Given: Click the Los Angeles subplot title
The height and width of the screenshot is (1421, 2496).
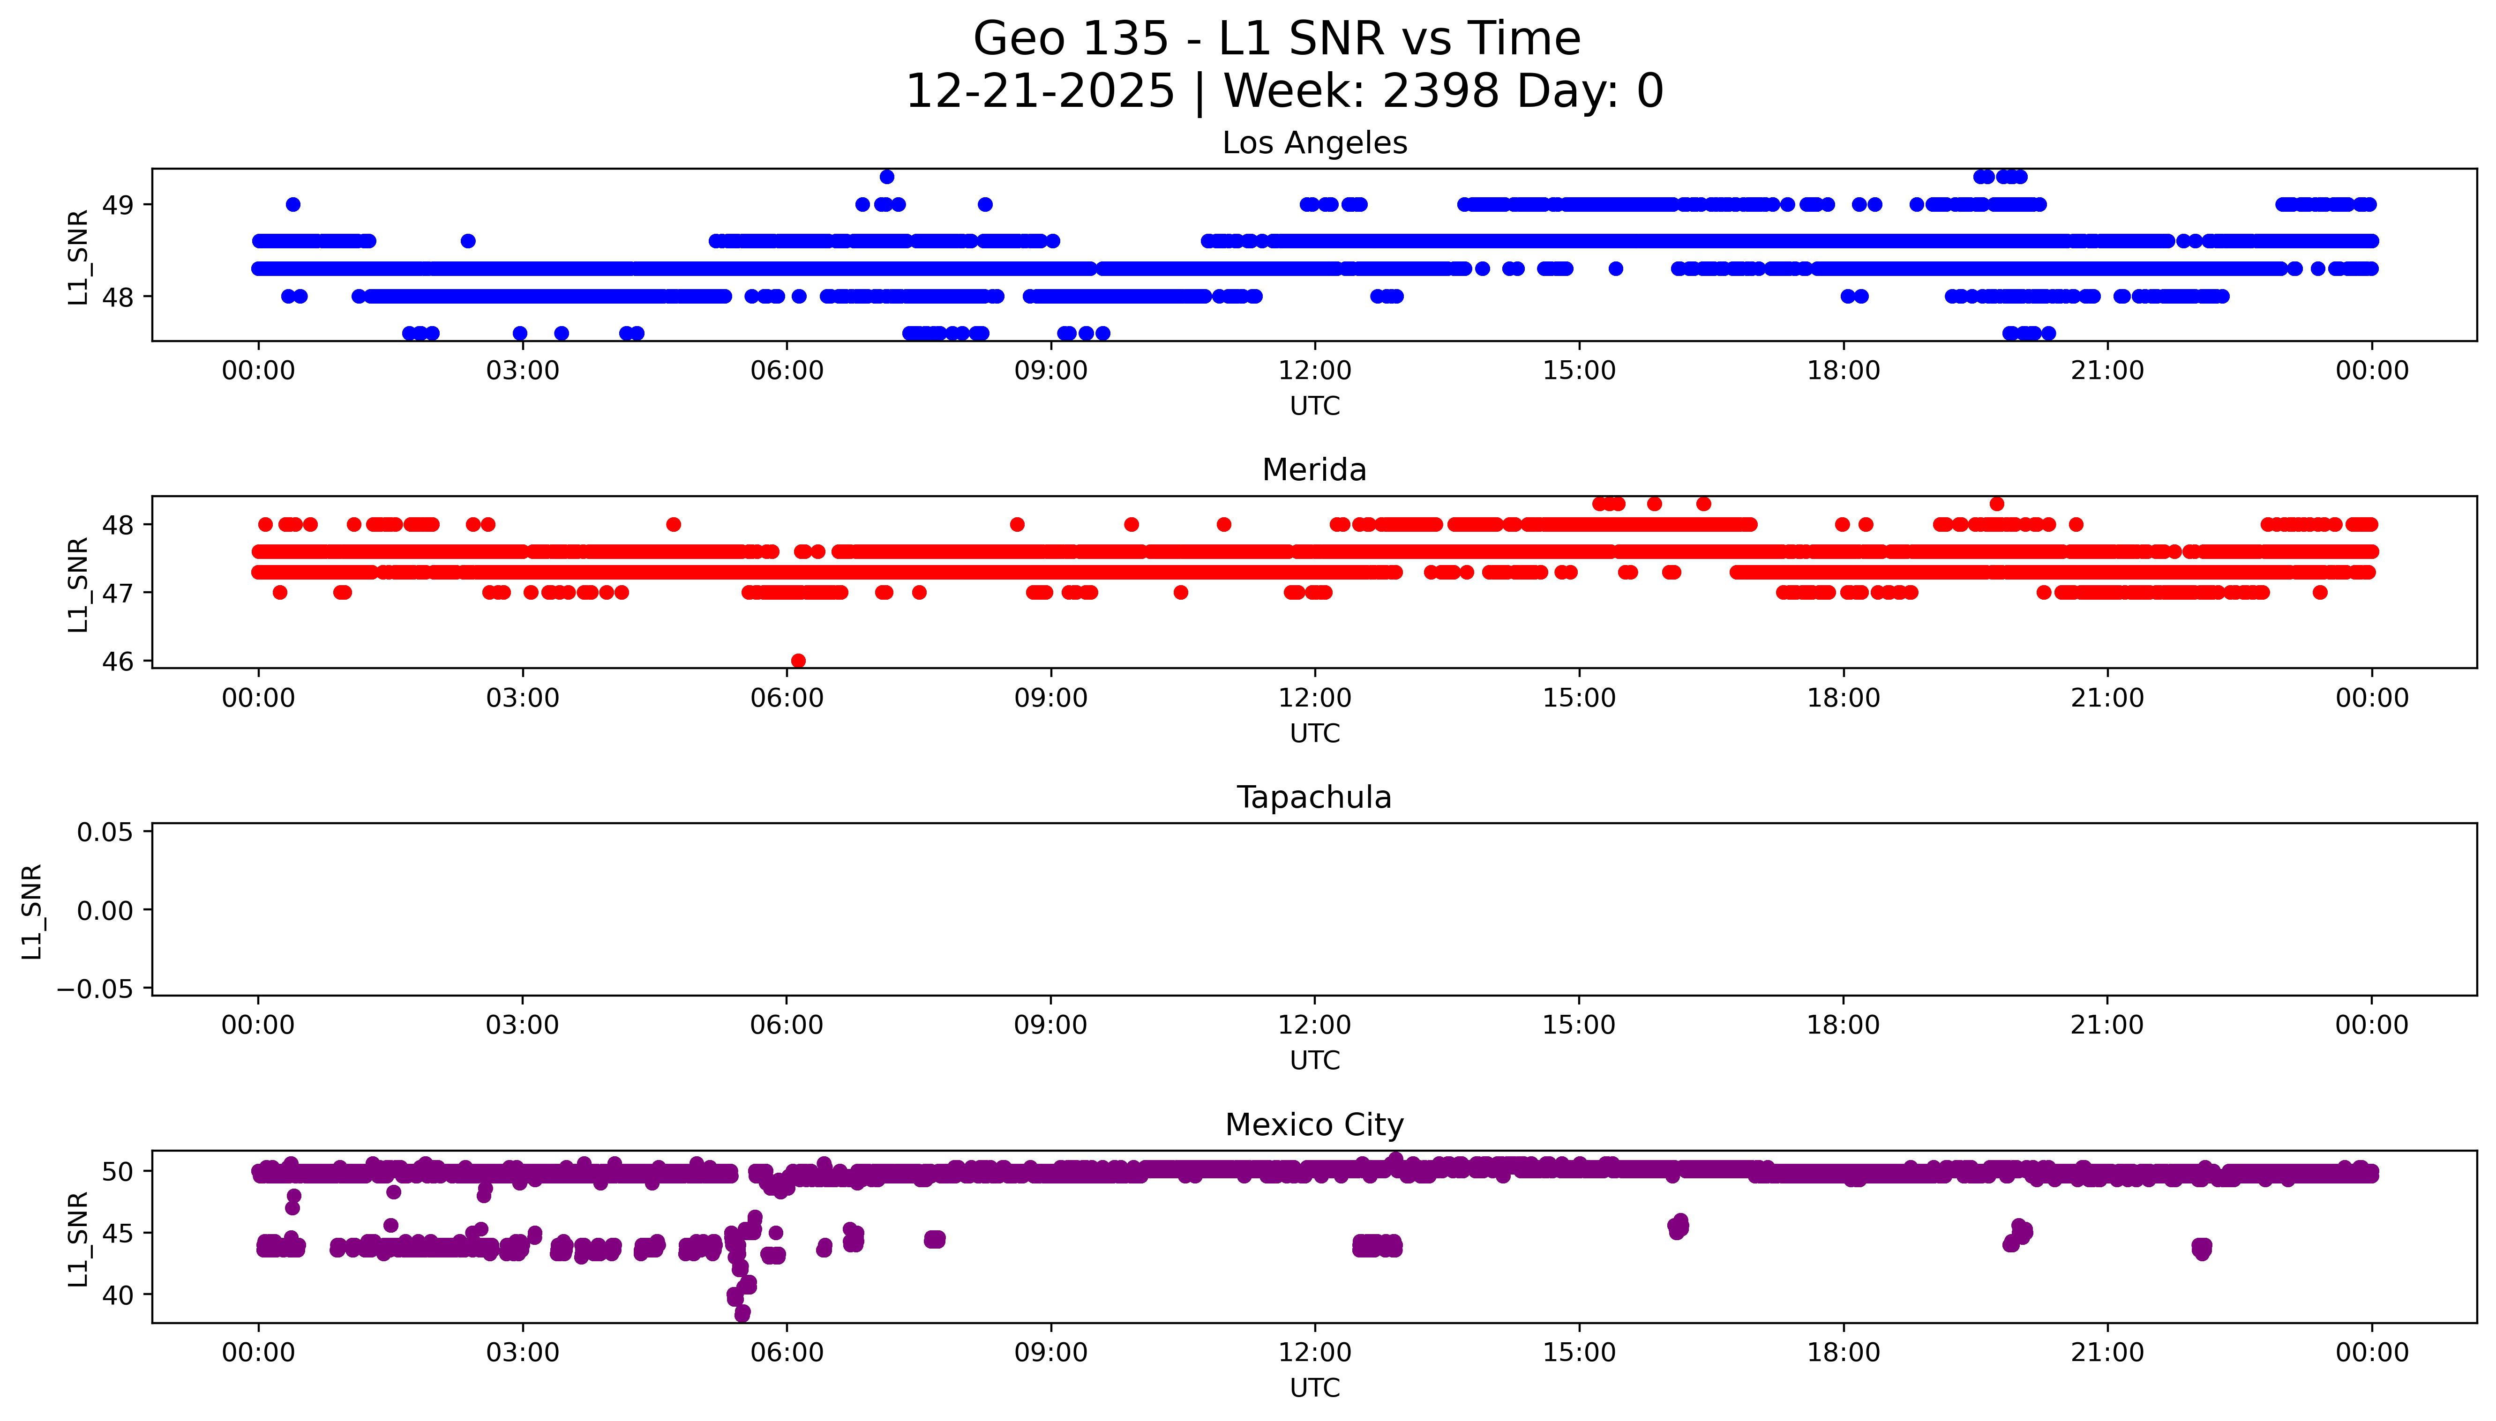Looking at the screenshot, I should (1314, 143).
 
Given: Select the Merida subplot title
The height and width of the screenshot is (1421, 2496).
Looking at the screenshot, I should (1314, 470).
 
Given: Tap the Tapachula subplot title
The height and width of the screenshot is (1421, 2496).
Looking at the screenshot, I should (1314, 797).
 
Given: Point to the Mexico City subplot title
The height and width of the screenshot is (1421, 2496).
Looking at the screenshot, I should (1314, 1125).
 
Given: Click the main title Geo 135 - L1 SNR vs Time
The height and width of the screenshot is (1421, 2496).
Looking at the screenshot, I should (1277, 39).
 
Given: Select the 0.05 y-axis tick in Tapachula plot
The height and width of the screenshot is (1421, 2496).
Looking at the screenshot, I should (105, 833).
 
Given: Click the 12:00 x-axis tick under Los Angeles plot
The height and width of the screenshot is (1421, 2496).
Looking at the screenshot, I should (1315, 371).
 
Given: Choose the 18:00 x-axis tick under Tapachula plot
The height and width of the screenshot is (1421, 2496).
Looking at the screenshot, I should (1843, 1026).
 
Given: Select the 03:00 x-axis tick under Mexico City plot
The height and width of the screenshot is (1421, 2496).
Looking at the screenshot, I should (522, 1353).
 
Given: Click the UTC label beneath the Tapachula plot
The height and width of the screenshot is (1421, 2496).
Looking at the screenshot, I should (1314, 1061).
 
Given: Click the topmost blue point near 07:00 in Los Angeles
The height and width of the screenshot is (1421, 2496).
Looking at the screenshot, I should (886, 177).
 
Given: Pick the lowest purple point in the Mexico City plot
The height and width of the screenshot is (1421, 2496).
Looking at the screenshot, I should (743, 1314).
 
